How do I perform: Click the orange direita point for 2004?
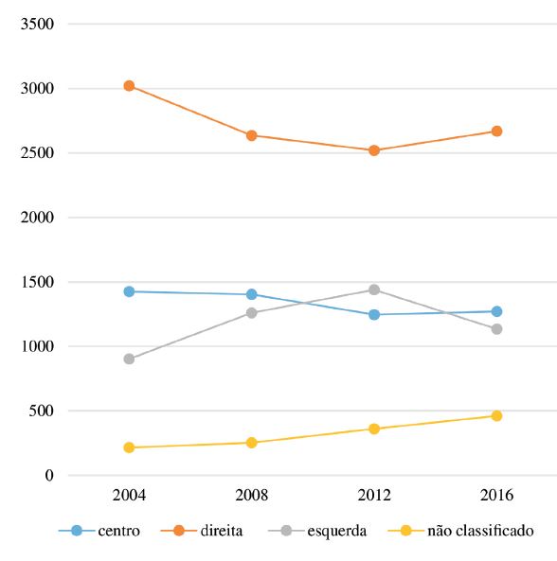pos(129,86)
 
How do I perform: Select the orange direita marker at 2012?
pos(374,150)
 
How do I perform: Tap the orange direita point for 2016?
pos(496,131)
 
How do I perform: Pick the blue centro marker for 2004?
pos(129,291)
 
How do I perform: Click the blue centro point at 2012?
pos(374,314)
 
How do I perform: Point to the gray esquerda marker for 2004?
pos(129,359)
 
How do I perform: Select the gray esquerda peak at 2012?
pos(374,289)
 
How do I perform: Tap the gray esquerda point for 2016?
pos(496,329)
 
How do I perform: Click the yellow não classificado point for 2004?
pos(129,447)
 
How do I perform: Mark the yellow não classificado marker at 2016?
pos(496,416)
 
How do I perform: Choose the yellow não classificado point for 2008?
pos(252,443)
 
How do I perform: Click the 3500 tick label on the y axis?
pos(36,25)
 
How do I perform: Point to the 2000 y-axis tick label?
pos(36,218)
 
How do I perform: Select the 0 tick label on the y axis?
pos(49,476)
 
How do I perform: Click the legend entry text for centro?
pos(118,532)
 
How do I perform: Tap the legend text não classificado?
pos(478,532)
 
